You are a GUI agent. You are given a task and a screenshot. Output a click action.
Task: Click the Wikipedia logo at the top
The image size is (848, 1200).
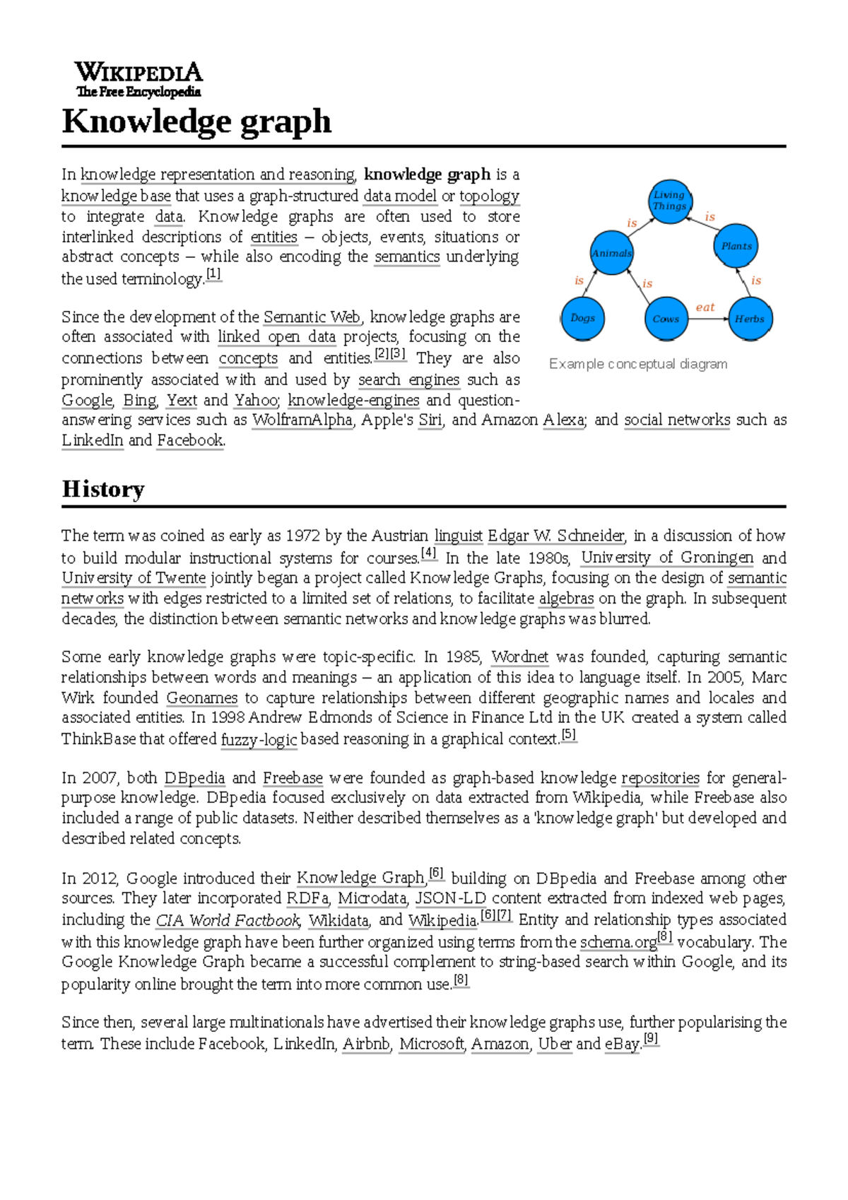click(139, 79)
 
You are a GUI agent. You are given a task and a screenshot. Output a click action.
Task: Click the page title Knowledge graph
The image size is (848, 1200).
click(196, 122)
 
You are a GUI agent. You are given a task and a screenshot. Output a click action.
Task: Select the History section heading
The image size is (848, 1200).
click(103, 489)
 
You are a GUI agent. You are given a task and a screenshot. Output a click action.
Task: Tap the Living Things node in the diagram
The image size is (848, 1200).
click(669, 201)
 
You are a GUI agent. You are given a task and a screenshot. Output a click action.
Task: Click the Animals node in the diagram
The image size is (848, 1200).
click(612, 253)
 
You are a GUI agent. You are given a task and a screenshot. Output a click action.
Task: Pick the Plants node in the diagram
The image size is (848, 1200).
click(736, 246)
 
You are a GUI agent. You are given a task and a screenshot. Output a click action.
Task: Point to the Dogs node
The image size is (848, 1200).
click(582, 318)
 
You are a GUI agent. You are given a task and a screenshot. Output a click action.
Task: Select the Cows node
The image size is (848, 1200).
click(666, 319)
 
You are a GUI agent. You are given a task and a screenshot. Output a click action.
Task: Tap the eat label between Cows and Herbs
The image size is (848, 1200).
click(705, 307)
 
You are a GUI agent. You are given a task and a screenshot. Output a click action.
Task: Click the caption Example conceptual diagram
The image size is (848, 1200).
click(638, 364)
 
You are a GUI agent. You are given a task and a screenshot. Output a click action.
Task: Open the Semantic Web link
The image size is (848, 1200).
click(312, 317)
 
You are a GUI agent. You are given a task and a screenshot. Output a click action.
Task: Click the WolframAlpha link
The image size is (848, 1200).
click(302, 420)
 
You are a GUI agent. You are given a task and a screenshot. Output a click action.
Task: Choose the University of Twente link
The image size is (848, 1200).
click(134, 578)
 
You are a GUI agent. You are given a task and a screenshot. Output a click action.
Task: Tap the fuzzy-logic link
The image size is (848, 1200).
click(259, 739)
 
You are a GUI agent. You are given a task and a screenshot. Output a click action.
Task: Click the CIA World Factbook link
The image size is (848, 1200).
click(228, 920)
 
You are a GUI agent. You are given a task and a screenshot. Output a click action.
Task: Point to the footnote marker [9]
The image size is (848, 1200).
click(651, 1039)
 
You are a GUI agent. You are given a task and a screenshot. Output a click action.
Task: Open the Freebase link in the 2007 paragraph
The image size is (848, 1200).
click(293, 778)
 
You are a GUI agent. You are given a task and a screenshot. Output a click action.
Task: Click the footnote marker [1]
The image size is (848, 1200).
click(213, 273)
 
